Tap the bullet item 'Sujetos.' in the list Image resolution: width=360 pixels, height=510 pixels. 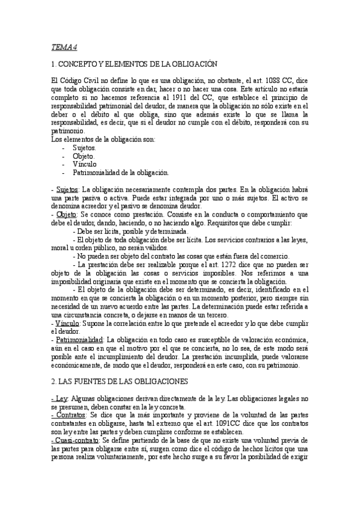pyautogui.click(x=84, y=147)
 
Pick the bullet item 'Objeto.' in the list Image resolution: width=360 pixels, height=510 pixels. pyautogui.click(x=84, y=156)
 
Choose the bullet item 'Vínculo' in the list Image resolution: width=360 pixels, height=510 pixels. pyautogui.click(x=84, y=164)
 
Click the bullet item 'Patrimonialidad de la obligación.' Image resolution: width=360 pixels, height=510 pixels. pyautogui.click(x=121, y=172)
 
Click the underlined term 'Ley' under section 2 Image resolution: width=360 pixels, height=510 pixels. pyautogui.click(x=61, y=397)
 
